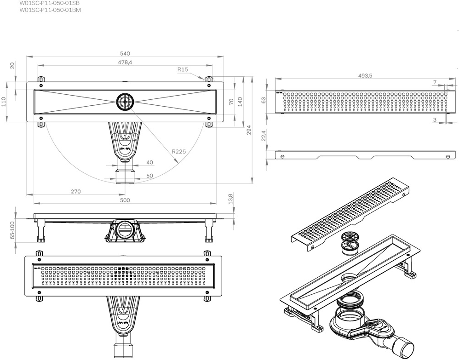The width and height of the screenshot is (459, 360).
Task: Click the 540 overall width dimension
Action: pos(125,53)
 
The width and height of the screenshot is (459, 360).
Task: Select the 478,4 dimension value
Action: pos(125,62)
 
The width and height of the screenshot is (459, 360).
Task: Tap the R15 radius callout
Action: pos(183,69)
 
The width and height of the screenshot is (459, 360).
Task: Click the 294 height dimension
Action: pos(249,130)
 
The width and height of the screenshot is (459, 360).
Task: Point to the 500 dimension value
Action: pos(125,200)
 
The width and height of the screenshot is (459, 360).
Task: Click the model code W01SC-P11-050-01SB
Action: pos(49,3)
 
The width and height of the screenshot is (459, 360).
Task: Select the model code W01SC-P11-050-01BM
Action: pos(50,10)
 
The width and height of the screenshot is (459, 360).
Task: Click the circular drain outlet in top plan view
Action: pos(125,102)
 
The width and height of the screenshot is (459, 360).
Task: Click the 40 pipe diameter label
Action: pos(149,162)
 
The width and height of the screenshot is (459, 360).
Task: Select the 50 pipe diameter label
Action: pos(149,176)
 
